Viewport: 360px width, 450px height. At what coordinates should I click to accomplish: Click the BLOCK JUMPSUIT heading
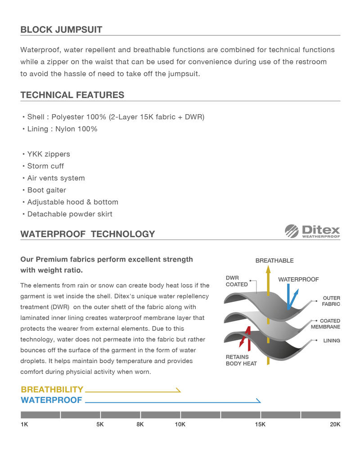click(x=61, y=30)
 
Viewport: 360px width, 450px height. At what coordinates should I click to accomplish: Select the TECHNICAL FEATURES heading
click(x=72, y=95)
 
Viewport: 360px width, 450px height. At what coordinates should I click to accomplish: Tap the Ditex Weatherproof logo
click(x=312, y=231)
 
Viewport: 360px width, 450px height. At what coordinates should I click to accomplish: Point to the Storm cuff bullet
click(x=45, y=166)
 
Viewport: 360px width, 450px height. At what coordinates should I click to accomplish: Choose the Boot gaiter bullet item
click(x=46, y=190)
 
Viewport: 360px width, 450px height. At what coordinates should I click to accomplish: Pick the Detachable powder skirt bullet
click(x=70, y=214)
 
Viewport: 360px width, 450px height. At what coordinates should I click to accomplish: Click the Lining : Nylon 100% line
click(x=62, y=129)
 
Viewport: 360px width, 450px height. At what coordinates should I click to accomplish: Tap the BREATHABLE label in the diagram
click(x=274, y=261)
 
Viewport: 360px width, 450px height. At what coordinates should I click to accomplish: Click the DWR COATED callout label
click(x=237, y=281)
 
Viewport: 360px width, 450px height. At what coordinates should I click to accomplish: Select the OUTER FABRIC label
click(x=331, y=301)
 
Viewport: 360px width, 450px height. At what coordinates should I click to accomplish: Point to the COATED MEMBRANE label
click(x=325, y=324)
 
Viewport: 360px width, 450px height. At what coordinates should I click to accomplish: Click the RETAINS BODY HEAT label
click(x=241, y=360)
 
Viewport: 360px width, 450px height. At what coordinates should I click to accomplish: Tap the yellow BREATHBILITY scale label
click(x=52, y=390)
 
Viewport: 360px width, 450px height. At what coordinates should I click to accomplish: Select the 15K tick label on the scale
click(x=260, y=424)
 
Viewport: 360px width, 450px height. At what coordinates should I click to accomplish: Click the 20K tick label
click(x=335, y=424)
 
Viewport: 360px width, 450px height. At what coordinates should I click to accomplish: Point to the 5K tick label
click(x=100, y=424)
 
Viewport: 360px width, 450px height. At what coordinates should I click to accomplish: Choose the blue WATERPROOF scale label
click(x=51, y=400)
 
